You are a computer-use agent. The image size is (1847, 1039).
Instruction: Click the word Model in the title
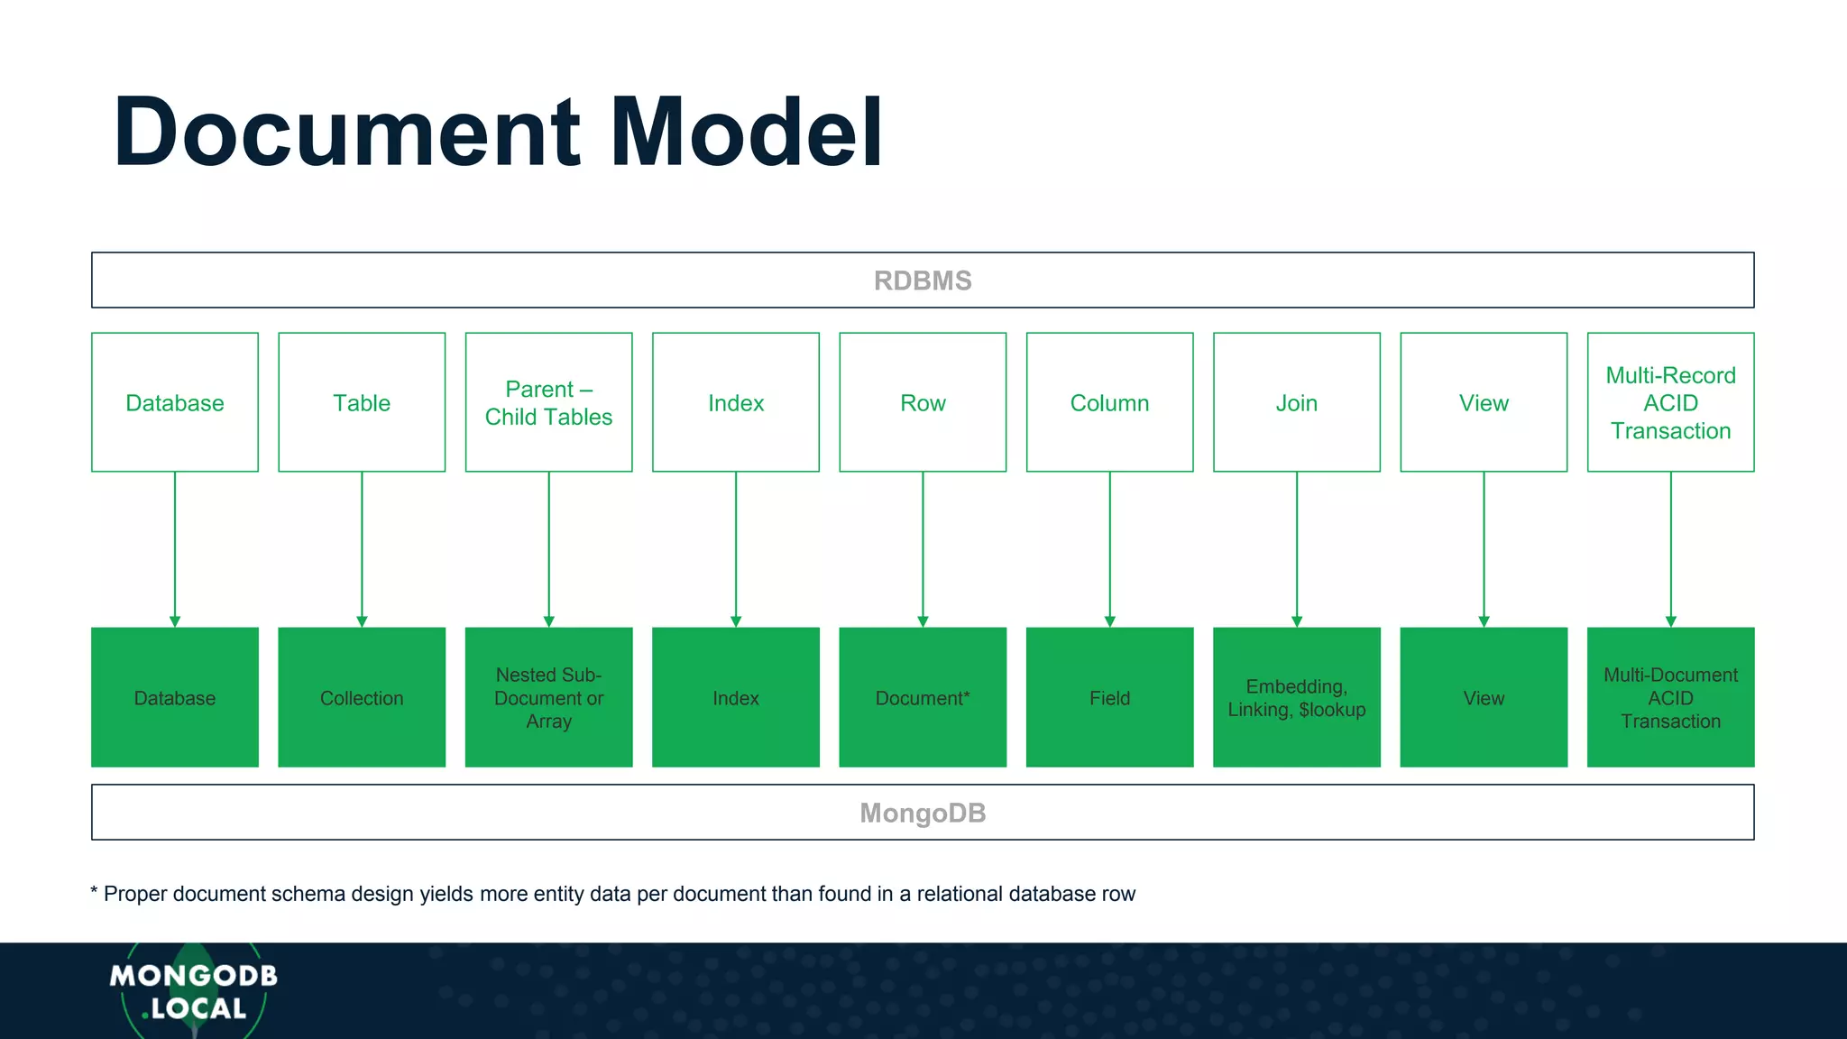pos(747,133)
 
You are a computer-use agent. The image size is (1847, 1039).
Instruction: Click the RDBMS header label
pos(923,280)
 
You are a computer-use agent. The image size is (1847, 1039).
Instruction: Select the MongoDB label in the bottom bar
pos(923,813)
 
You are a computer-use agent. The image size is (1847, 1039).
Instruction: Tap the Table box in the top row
pos(362,402)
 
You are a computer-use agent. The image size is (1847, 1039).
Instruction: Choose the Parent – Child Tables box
pos(548,402)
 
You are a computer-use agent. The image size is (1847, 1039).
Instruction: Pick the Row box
pos(923,402)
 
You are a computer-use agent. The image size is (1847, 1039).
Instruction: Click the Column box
pos(1109,402)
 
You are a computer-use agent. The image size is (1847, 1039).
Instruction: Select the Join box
pos(1297,402)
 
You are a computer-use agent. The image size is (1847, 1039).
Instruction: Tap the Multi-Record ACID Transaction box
pos(1670,402)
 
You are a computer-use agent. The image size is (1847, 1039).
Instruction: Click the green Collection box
pos(362,697)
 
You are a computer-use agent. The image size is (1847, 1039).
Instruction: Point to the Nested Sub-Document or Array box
pos(548,697)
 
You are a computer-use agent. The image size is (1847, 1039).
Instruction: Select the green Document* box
pos(923,697)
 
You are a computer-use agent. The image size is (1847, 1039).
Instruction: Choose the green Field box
pos(1109,697)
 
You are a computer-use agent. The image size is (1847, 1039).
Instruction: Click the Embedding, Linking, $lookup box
pos(1297,697)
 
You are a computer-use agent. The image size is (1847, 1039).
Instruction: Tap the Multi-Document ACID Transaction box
pos(1670,697)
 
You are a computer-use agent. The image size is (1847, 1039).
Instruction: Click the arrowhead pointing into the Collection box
pos(362,621)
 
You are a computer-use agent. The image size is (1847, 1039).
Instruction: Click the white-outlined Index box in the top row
pos(736,402)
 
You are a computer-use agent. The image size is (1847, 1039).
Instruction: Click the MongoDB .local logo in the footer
pos(193,991)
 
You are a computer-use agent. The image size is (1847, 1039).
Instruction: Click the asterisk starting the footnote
pos(94,892)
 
